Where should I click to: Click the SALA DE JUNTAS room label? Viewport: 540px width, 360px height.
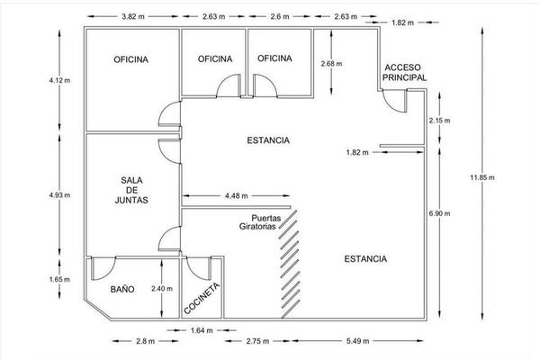pos(131,190)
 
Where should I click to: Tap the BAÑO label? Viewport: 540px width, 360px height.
pos(122,290)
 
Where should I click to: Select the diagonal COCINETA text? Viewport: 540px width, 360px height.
pos(202,298)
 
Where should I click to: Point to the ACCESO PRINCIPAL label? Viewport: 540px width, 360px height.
pos(404,73)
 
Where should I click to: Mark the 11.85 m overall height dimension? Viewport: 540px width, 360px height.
pos(482,178)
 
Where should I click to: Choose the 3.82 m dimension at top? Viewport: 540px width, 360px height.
pos(133,16)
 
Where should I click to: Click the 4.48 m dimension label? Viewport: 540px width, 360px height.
pos(236,196)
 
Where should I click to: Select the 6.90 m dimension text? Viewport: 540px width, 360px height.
pos(439,213)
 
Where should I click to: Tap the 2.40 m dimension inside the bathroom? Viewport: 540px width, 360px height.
pos(162,289)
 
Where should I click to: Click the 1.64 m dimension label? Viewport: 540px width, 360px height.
pos(202,330)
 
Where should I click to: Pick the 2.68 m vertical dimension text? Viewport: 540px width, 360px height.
pos(331,64)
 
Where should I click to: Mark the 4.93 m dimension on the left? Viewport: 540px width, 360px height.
pos(59,195)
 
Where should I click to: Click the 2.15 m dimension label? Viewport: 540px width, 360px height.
pos(439,121)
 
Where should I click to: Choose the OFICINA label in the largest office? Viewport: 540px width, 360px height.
pos(130,59)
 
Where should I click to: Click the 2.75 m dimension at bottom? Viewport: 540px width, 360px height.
pos(257,341)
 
